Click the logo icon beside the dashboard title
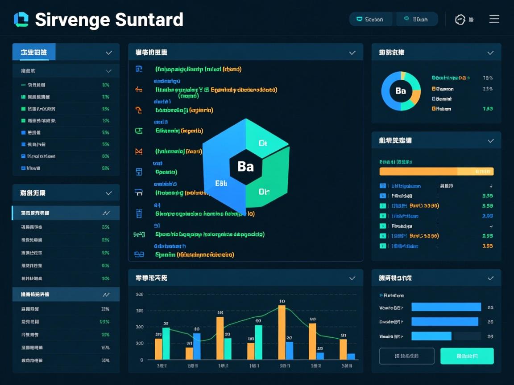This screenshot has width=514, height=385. pyautogui.click(x=21, y=20)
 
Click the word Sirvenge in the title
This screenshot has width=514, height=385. pyautogui.click(x=72, y=20)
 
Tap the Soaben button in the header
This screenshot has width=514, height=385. pyautogui.click(x=370, y=19)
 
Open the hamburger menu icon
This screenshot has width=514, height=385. pyautogui.click(x=494, y=19)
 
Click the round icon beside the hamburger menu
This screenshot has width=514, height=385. pyautogui.click(x=460, y=19)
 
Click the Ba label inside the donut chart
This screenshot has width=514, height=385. pyautogui.click(x=401, y=91)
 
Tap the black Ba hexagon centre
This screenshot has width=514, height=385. pyautogui.click(x=245, y=167)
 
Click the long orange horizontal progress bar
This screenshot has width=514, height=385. pyautogui.click(x=418, y=171)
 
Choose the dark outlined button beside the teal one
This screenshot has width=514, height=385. pyautogui.click(x=406, y=356)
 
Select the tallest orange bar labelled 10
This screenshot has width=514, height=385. pyautogui.click(x=282, y=332)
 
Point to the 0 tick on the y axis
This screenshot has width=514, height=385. pyautogui.click(x=141, y=360)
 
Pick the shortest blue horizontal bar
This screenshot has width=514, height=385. pyautogui.click(x=431, y=336)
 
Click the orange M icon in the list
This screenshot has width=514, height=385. pyautogui.click(x=138, y=152)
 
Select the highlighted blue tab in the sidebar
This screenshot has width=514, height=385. pyautogui.click(x=34, y=52)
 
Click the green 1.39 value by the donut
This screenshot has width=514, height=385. pyautogui.click(x=488, y=109)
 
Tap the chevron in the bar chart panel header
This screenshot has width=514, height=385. pyautogui.click(x=352, y=278)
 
